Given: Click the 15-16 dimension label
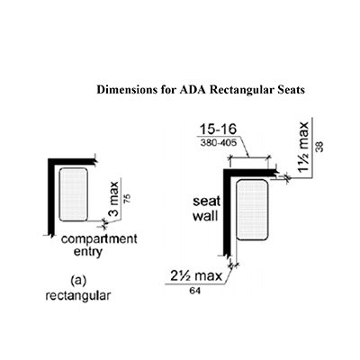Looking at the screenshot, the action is click(x=218, y=130).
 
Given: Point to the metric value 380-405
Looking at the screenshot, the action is click(x=218, y=143).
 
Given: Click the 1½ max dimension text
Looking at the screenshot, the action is click(x=303, y=147).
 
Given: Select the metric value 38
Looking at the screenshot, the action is click(x=320, y=147).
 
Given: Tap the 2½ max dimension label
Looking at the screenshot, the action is click(x=196, y=275).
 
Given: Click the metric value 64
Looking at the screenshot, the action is click(x=195, y=291).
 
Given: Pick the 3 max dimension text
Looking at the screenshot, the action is click(x=113, y=199).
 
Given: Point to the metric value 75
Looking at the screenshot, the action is click(x=127, y=199).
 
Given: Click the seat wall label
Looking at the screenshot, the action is click(x=206, y=209).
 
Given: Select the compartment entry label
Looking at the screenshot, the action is click(x=99, y=246).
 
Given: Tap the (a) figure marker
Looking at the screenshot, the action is click(x=78, y=281).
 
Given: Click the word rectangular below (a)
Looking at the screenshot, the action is click(x=78, y=296).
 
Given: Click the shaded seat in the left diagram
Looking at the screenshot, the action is click(x=74, y=194).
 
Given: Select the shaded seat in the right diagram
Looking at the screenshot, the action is click(x=252, y=210).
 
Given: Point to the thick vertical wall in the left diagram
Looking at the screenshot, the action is click(x=51, y=197).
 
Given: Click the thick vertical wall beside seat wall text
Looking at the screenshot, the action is click(x=227, y=212).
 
